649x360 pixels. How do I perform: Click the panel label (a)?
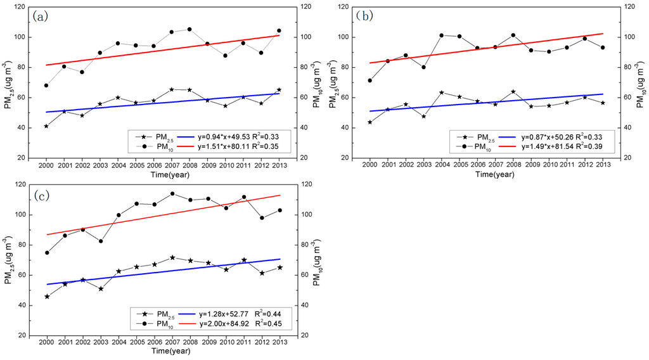coord(42,17)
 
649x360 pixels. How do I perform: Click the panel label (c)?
coord(42,195)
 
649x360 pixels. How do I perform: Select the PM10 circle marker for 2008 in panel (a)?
coord(190,29)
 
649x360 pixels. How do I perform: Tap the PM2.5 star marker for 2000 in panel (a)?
coord(46,126)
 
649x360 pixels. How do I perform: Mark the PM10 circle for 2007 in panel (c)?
coord(172,194)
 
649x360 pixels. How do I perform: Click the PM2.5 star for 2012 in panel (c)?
coord(261,273)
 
